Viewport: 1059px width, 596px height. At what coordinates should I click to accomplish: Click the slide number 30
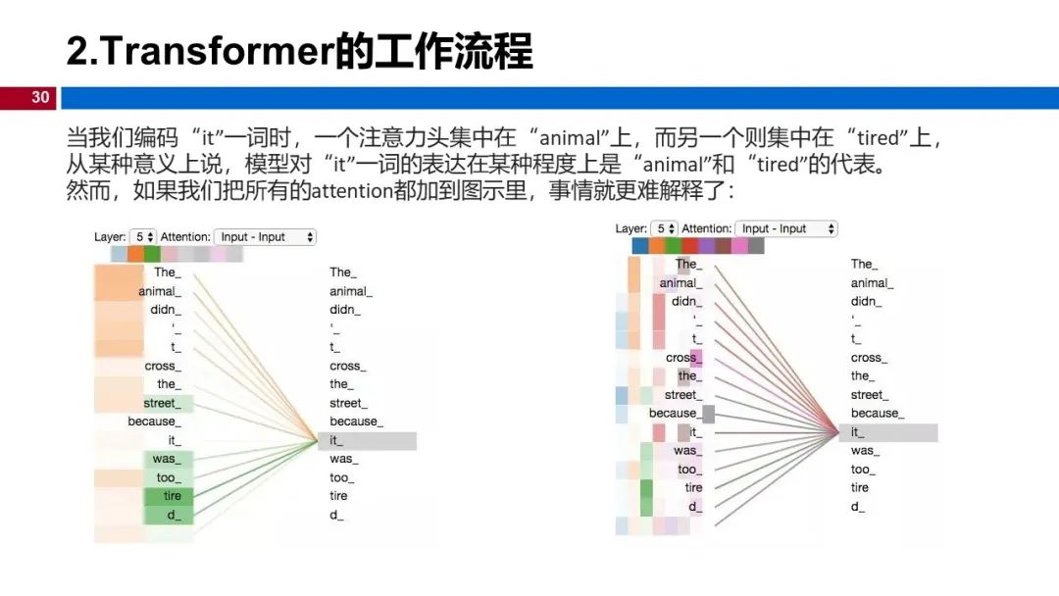[40, 97]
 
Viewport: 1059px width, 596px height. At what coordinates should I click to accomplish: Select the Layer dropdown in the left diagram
[144, 237]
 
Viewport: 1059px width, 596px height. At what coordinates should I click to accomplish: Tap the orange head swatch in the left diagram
[135, 254]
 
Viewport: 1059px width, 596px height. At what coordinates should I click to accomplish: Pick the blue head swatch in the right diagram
[639, 245]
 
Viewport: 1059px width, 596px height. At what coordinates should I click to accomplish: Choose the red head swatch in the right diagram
[689, 245]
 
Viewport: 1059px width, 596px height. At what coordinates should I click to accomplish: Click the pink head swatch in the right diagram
[739, 245]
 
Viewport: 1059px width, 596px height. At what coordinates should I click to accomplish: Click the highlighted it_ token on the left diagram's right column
[367, 441]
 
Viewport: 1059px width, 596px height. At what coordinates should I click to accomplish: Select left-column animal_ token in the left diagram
[159, 291]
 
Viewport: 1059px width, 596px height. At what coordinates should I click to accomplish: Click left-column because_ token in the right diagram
[674, 414]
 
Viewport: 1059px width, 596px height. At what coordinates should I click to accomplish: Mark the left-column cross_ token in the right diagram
[681, 358]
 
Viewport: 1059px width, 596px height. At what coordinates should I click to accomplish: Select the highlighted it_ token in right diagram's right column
[887, 432]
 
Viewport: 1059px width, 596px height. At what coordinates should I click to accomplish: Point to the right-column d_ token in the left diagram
[336, 515]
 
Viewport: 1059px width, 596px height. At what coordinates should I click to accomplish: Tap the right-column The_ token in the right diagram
[864, 264]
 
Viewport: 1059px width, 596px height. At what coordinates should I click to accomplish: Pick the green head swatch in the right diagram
[673, 245]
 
